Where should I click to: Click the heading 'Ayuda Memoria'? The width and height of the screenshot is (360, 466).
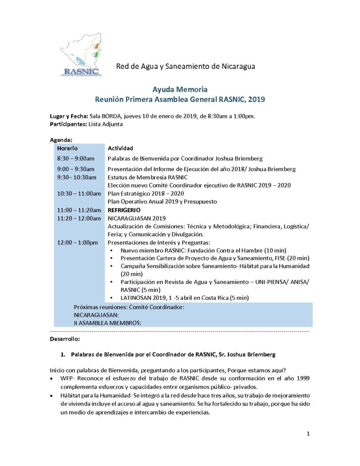[180, 89]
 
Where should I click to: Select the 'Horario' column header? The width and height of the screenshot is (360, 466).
[67, 148]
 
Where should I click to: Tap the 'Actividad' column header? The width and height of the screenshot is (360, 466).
[120, 148]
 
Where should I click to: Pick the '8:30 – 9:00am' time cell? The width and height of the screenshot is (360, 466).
[76, 158]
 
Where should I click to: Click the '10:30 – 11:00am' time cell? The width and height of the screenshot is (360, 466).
[79, 193]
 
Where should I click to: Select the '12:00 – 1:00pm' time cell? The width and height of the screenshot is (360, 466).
[77, 243]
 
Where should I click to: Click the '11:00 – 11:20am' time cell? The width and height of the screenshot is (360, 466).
[79, 210]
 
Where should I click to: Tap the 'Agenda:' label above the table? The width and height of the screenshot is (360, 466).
[61, 140]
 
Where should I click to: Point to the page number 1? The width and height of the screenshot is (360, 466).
[308, 434]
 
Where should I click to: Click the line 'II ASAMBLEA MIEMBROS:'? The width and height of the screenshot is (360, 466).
[107, 323]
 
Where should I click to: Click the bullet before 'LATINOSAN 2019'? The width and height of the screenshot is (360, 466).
[112, 298]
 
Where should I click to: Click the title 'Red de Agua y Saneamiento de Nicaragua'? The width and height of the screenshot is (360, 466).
[186, 66]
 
